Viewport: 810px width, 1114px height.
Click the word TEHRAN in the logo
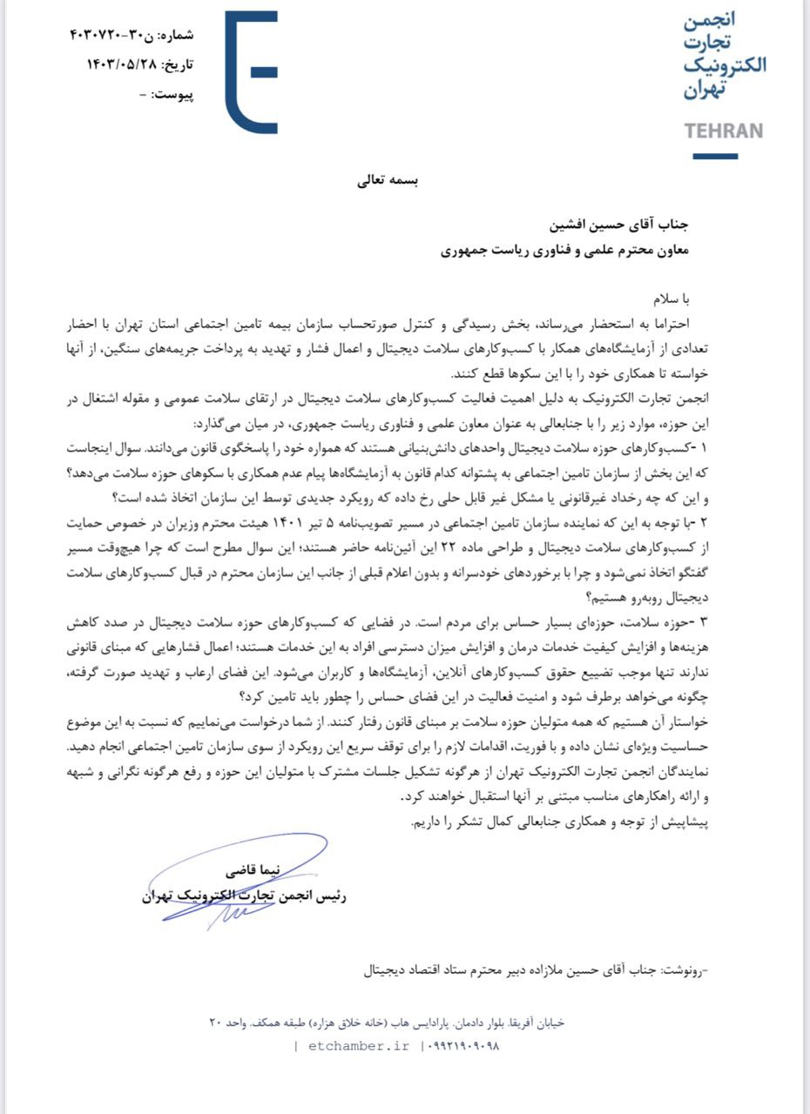[x=723, y=131]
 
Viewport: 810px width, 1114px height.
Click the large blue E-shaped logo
[x=251, y=71]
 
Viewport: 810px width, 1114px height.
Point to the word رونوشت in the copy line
[x=681, y=968]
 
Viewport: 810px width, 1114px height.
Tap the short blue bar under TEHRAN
[x=715, y=157]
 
